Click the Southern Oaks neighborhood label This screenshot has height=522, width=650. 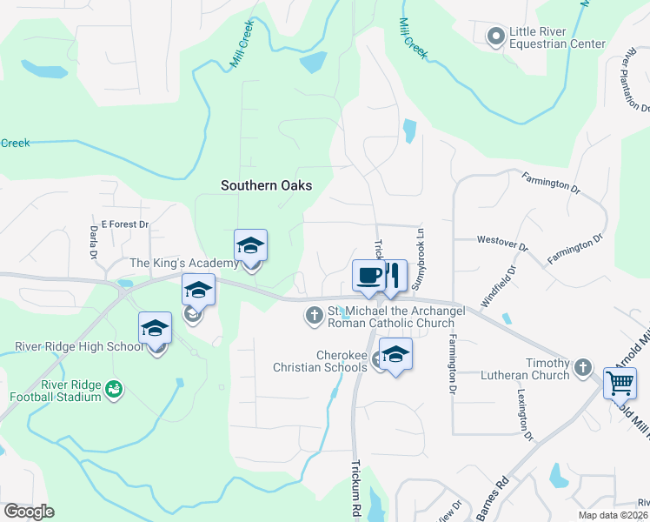coord(266,185)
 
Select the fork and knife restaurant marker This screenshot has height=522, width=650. coord(393,276)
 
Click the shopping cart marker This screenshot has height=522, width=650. coord(620,383)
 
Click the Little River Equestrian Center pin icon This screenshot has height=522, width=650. coord(496,36)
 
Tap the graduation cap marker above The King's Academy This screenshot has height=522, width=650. coord(250,246)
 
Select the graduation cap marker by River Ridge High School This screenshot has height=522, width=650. coord(155,328)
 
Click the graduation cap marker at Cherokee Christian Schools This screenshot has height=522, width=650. coord(395,354)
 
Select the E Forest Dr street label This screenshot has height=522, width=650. coord(125,224)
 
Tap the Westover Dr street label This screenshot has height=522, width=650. coord(502,242)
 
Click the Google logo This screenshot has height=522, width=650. coord(29,512)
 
